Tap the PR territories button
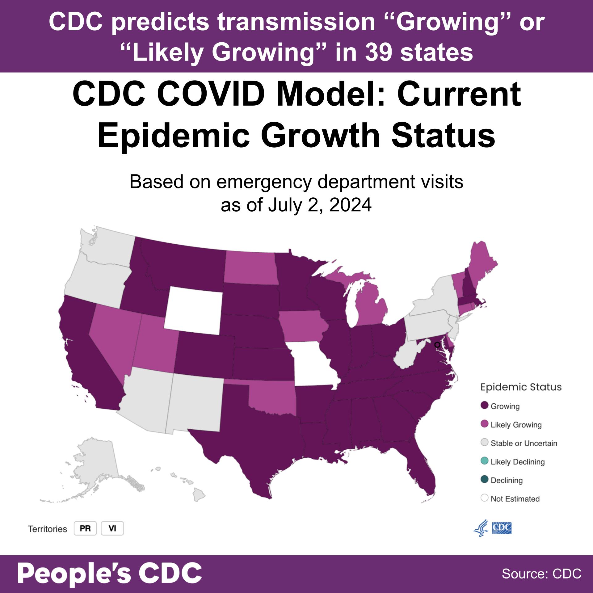point(85,528)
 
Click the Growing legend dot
point(484,406)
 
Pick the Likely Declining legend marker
point(484,461)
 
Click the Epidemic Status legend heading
point(521,387)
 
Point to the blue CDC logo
point(501,528)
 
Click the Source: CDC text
point(541,574)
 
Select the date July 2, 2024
point(320,205)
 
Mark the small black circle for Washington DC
point(437,344)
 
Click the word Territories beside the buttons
point(48,529)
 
